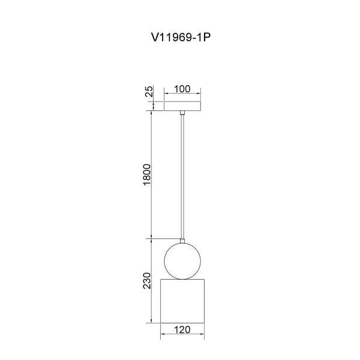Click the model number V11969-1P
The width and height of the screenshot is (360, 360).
click(x=181, y=37)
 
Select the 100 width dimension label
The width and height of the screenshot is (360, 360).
click(x=182, y=89)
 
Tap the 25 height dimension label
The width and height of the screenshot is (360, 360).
click(x=149, y=91)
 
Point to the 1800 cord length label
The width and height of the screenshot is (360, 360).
click(x=147, y=175)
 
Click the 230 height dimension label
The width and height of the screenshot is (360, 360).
click(x=147, y=281)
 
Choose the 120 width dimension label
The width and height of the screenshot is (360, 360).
click(x=182, y=329)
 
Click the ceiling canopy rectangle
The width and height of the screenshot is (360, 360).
click(x=182, y=106)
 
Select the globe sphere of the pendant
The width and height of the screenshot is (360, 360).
click(x=182, y=261)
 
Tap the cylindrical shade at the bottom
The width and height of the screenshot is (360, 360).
click(x=182, y=301)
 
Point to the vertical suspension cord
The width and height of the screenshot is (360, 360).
click(x=182, y=177)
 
